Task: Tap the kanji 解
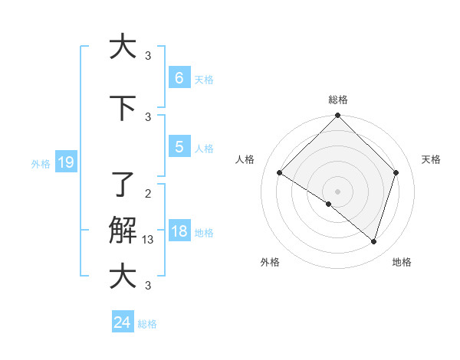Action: (x=123, y=231)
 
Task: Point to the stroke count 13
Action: (x=149, y=240)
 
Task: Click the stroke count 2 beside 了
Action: (x=148, y=193)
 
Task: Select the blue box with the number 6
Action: (x=179, y=78)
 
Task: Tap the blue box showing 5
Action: (x=179, y=147)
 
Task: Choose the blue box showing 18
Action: (x=179, y=231)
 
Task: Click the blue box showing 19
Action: (x=65, y=162)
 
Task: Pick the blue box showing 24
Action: (x=123, y=322)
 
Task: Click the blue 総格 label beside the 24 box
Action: (x=147, y=324)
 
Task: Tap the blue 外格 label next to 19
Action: (x=40, y=163)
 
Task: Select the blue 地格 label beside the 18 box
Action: (x=204, y=233)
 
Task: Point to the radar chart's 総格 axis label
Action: (x=338, y=100)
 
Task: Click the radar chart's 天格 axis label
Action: (x=432, y=159)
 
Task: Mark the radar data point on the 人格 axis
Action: (x=280, y=173)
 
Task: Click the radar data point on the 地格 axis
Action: (x=373, y=241)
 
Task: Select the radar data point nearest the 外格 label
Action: (x=329, y=205)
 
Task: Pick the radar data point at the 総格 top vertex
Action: (x=338, y=116)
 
